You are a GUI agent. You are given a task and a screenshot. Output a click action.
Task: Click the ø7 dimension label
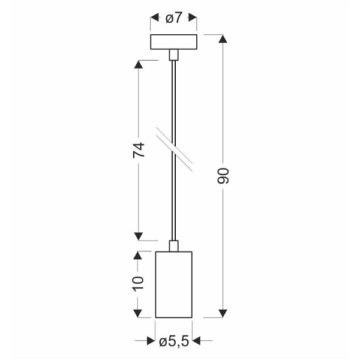[173, 19]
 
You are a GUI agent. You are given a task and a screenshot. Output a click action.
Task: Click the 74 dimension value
[139, 150]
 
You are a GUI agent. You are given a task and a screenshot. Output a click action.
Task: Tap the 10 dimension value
[139, 283]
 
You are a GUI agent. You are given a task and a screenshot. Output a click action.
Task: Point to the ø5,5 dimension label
[175, 341]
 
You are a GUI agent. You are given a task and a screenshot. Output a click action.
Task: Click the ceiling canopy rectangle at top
[173, 43]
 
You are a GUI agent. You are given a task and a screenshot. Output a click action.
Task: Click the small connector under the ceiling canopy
[173, 55]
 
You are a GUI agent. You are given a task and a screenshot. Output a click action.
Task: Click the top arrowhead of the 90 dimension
[223, 40]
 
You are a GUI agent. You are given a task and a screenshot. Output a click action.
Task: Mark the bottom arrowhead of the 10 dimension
[139, 311]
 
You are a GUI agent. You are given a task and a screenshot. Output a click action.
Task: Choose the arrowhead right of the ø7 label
[193, 19]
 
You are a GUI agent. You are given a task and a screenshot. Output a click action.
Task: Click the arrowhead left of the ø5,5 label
[152, 341]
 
